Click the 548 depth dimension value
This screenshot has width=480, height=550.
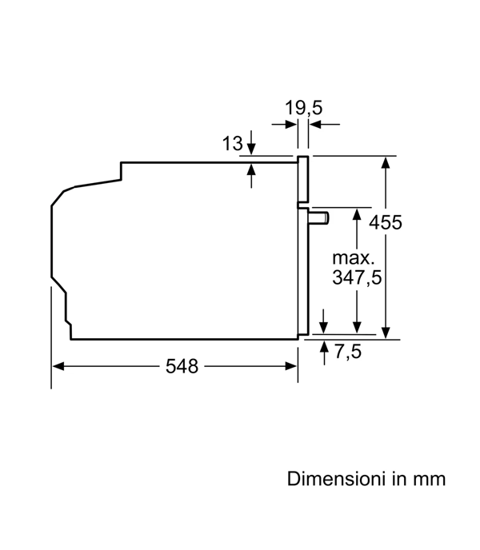182,366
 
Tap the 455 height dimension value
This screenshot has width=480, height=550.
385,222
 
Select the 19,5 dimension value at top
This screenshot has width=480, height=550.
303,107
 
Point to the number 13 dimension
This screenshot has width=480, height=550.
232,143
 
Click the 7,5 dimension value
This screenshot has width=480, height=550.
348,351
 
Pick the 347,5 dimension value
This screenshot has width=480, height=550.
357,277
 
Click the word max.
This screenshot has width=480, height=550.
354,258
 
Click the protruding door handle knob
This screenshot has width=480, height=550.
319,217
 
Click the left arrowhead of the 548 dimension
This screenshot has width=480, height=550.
58,367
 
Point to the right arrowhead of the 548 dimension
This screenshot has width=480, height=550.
291,367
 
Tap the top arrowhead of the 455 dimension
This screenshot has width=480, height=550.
386,163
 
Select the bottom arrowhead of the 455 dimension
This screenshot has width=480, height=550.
386,333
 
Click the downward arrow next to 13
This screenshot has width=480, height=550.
251,142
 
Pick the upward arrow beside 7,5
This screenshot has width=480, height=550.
324,353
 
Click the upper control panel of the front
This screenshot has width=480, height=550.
302,180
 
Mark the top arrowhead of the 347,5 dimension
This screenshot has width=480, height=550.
357,214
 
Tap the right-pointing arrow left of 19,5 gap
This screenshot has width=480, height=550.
284,124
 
